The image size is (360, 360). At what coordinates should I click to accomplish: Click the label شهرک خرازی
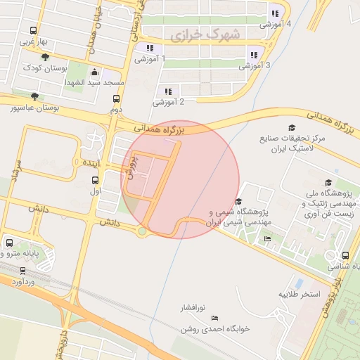point(205,33)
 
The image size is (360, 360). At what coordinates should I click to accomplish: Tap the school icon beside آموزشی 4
point(275,13)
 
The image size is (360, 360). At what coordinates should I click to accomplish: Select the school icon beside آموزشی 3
point(254,54)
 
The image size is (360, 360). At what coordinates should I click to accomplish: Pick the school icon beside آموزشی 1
point(149,48)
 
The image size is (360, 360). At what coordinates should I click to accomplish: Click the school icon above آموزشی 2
point(168,91)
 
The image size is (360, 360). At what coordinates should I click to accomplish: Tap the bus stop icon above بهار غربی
point(33,30)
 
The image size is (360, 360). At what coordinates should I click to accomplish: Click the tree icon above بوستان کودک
point(46,57)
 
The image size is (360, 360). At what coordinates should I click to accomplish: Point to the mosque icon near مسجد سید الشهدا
point(95,72)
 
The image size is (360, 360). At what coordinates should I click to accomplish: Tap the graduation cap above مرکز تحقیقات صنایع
point(291,127)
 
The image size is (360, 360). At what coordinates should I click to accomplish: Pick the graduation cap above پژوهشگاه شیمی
point(239,201)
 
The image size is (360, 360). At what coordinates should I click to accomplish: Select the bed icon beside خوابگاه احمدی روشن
point(214,319)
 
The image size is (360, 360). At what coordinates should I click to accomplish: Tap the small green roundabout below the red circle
point(143,231)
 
